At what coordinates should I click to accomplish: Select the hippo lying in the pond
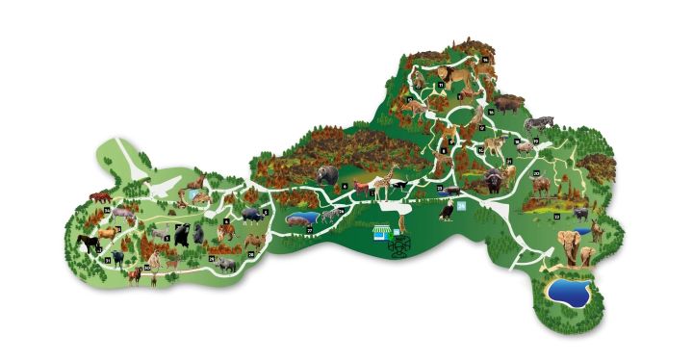(299, 220)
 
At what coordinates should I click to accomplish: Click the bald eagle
(446, 210)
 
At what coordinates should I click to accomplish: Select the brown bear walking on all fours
(327, 175)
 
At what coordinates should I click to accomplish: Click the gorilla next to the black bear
(199, 233)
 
